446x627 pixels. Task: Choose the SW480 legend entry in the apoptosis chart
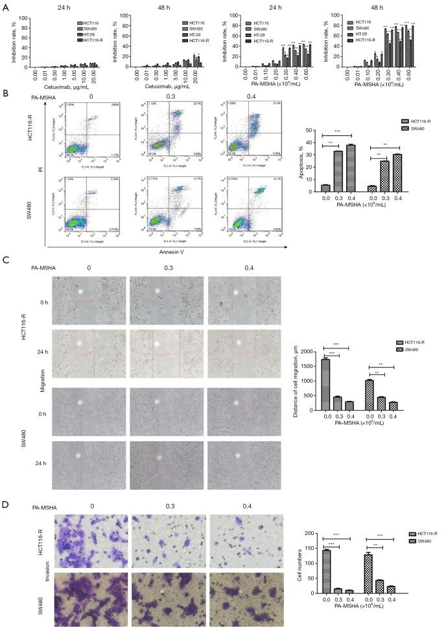416,129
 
